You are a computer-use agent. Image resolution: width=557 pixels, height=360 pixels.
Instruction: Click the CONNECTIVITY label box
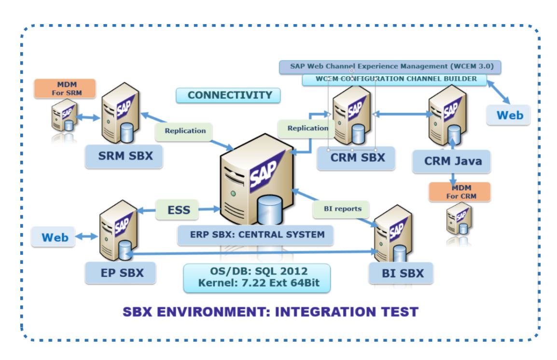tap(228, 96)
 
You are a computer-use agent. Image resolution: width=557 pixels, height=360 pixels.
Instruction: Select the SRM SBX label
tap(124, 156)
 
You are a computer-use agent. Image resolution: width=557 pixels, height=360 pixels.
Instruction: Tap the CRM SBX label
tap(356, 158)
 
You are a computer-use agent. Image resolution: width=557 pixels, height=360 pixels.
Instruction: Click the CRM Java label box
tap(451, 161)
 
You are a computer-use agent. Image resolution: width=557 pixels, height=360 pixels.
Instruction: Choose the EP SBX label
tap(121, 273)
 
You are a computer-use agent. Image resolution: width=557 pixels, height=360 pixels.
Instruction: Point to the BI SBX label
tap(402, 273)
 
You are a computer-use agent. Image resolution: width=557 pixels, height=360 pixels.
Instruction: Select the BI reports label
tap(341, 209)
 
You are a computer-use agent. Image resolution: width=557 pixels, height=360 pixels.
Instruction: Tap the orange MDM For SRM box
tap(65, 89)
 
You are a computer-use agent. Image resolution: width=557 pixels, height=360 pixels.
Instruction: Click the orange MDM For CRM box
tap(460, 192)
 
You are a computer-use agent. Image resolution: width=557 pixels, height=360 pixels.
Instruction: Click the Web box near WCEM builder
tap(508, 115)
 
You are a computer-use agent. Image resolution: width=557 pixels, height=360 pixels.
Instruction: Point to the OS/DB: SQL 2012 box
tap(257, 277)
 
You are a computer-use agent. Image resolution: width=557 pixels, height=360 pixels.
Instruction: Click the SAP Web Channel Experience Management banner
tap(390, 67)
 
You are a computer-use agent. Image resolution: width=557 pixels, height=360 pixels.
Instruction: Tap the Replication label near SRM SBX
tap(184, 131)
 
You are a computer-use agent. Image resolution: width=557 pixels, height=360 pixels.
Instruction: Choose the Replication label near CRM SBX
tap(306, 129)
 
